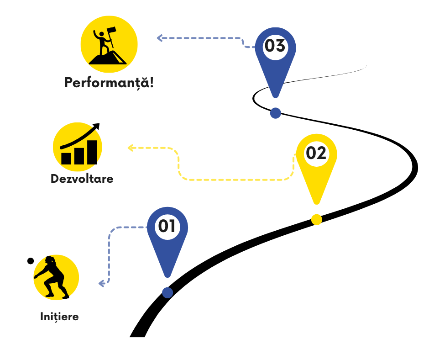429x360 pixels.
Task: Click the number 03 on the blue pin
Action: click(x=275, y=46)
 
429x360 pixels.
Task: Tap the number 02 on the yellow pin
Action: click(x=316, y=153)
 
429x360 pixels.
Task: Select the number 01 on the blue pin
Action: click(x=167, y=226)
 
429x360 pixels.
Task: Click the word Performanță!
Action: click(x=109, y=83)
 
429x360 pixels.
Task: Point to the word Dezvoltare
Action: click(x=82, y=179)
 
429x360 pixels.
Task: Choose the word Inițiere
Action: click(x=59, y=317)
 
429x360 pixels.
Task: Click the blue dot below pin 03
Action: click(x=275, y=113)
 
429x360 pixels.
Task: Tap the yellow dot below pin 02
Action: click(x=316, y=220)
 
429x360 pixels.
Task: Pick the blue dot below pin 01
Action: click(x=167, y=292)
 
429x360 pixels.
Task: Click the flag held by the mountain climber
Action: click(x=112, y=31)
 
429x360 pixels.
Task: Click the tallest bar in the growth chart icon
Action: click(x=92, y=152)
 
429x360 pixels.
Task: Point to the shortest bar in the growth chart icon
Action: click(x=66, y=158)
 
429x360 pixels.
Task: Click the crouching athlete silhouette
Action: click(x=54, y=277)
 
